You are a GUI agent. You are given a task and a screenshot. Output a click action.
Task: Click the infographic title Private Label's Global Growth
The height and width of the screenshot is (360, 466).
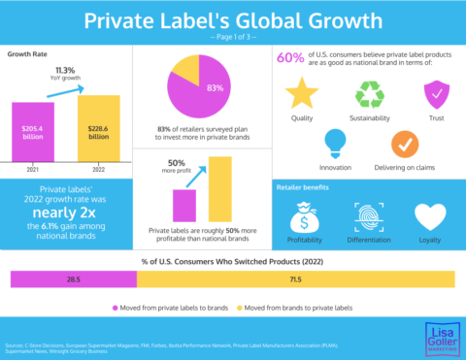click(233, 20)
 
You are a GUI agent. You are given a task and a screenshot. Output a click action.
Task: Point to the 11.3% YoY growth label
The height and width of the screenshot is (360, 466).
click(65, 73)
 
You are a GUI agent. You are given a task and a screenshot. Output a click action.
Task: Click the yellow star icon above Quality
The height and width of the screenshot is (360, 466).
click(301, 94)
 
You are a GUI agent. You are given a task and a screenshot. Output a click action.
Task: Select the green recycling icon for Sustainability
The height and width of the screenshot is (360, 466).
click(369, 94)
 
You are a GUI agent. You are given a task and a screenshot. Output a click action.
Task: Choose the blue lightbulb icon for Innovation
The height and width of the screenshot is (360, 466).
click(335, 142)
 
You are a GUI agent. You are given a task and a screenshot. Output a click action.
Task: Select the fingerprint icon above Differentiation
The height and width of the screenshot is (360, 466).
click(369, 215)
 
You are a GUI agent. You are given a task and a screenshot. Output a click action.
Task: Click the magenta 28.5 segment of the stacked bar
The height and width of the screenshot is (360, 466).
click(73, 279)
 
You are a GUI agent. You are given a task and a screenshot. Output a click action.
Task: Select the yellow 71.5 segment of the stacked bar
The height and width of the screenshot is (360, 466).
click(295, 279)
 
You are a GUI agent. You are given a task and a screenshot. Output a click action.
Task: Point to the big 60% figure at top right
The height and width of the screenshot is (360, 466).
click(291, 58)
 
